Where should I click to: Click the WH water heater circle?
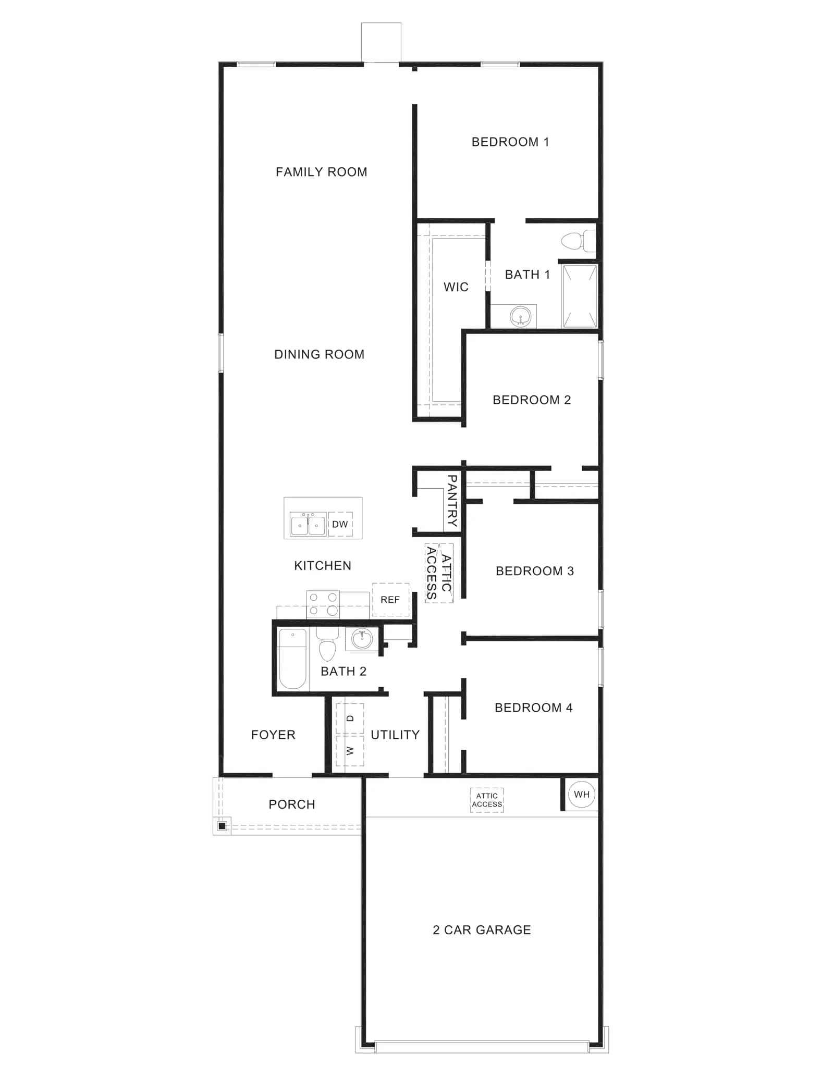click(x=581, y=795)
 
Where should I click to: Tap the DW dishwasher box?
click(x=340, y=524)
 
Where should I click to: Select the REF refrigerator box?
click(x=390, y=600)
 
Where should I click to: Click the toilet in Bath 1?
click(x=578, y=241)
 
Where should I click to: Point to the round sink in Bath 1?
click(x=520, y=316)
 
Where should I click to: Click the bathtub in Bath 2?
click(x=292, y=659)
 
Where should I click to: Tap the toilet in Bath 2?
click(x=327, y=644)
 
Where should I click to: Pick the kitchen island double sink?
click(x=308, y=524)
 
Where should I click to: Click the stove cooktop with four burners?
click(x=323, y=604)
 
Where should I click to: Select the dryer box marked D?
click(x=350, y=718)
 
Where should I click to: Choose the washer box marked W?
click(x=350, y=751)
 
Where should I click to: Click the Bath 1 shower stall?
click(x=579, y=296)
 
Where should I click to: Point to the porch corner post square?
click(x=222, y=826)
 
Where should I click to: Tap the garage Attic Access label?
click(x=487, y=800)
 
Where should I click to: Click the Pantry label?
click(x=452, y=501)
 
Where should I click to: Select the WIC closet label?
click(x=456, y=287)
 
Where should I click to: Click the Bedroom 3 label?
click(x=535, y=571)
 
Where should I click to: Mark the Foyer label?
click(x=273, y=735)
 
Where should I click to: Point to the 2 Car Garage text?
click(x=482, y=930)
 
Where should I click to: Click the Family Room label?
click(x=321, y=172)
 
